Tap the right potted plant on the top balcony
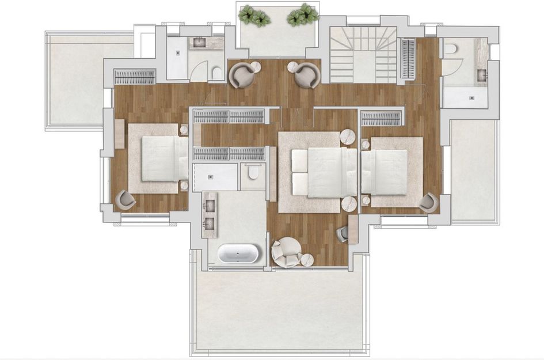303,14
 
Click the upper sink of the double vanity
210,206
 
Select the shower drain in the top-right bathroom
471,98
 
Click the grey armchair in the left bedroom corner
125,200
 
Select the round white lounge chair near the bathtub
286,252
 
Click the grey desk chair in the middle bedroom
343,233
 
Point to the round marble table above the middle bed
348,137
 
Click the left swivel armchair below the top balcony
242,75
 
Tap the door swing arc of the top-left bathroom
198,70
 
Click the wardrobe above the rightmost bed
380,119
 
